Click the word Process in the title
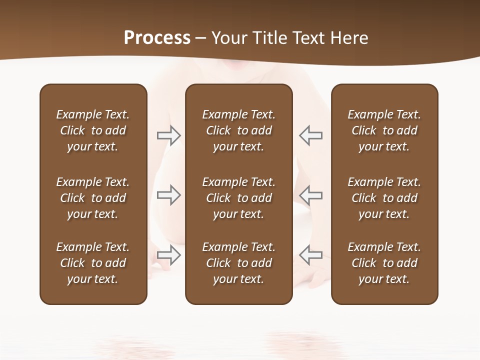click(157, 38)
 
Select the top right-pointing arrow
click(168, 135)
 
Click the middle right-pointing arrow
click(168, 195)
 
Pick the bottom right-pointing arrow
click(168, 255)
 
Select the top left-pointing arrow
click(311, 135)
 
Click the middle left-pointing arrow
click(311, 195)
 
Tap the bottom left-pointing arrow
click(311, 255)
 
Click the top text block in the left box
click(93, 130)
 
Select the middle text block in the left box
click(93, 198)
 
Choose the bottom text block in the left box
click(93, 263)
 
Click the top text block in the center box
click(238, 130)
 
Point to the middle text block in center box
click(238, 198)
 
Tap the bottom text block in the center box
click(238, 263)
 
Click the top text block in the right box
click(384, 130)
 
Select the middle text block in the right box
click(384, 198)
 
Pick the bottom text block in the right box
click(384, 263)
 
